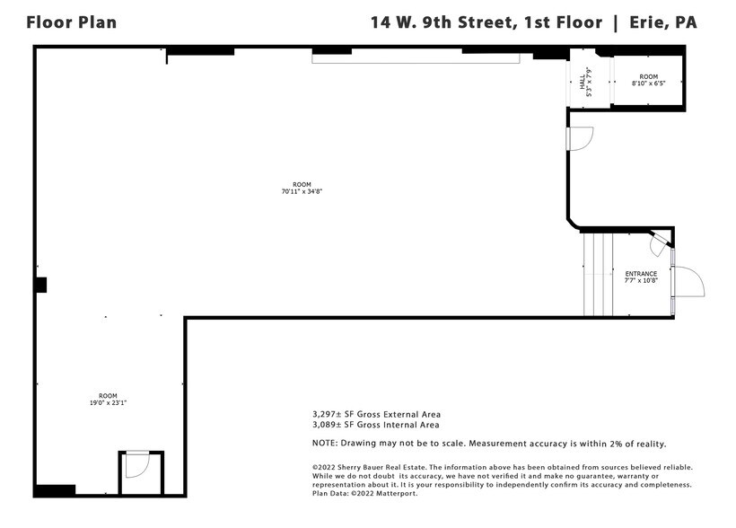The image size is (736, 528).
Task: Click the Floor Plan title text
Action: coord(71,22)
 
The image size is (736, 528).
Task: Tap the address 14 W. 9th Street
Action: coord(442,22)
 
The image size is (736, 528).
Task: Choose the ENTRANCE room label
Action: coord(641,274)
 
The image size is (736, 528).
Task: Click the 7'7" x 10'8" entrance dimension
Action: coord(641,281)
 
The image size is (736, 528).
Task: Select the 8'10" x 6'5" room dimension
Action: coord(649,84)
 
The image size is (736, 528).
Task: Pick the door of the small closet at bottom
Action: coord(136,466)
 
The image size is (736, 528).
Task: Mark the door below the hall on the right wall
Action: coord(580,139)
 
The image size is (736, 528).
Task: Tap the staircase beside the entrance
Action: coord(598,274)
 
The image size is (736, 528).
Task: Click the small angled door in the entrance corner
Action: coord(660,240)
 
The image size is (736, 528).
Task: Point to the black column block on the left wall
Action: coord(40,285)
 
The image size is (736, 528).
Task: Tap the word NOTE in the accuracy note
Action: coord(324,444)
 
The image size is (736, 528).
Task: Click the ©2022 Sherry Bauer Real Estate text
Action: coord(369,467)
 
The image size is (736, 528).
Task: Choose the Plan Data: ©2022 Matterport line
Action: coord(364,493)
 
